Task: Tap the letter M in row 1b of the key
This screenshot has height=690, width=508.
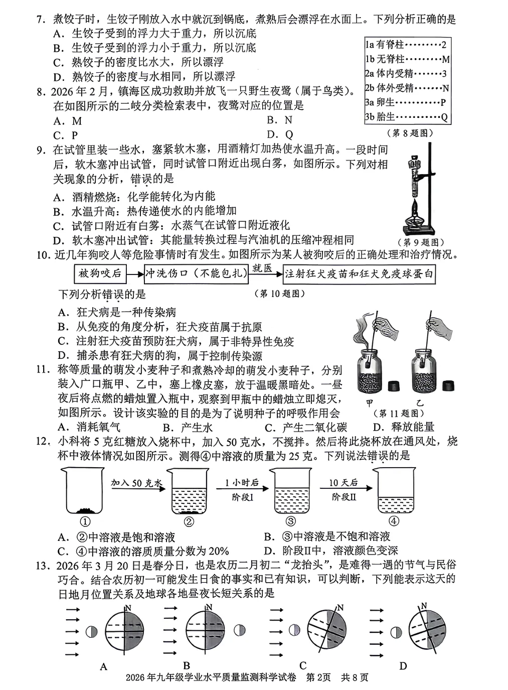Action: pyautogui.click(x=445, y=60)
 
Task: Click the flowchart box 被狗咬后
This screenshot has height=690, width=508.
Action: pyautogui.click(x=100, y=273)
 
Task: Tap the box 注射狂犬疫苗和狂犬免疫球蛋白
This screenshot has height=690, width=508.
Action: pyautogui.click(x=358, y=274)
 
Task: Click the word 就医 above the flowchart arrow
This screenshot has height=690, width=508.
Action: pyautogui.click(x=262, y=268)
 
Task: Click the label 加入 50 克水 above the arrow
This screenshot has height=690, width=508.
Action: pyautogui.click(x=137, y=483)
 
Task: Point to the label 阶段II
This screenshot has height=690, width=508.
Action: pyautogui.click(x=344, y=497)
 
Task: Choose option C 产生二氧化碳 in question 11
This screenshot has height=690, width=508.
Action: pyautogui.click(x=306, y=427)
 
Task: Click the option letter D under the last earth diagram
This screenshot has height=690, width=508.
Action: pyautogui.click(x=403, y=666)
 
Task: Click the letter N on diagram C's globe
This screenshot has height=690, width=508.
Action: pyautogui.click(x=340, y=608)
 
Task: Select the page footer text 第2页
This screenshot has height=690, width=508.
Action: pyautogui.click(x=318, y=677)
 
